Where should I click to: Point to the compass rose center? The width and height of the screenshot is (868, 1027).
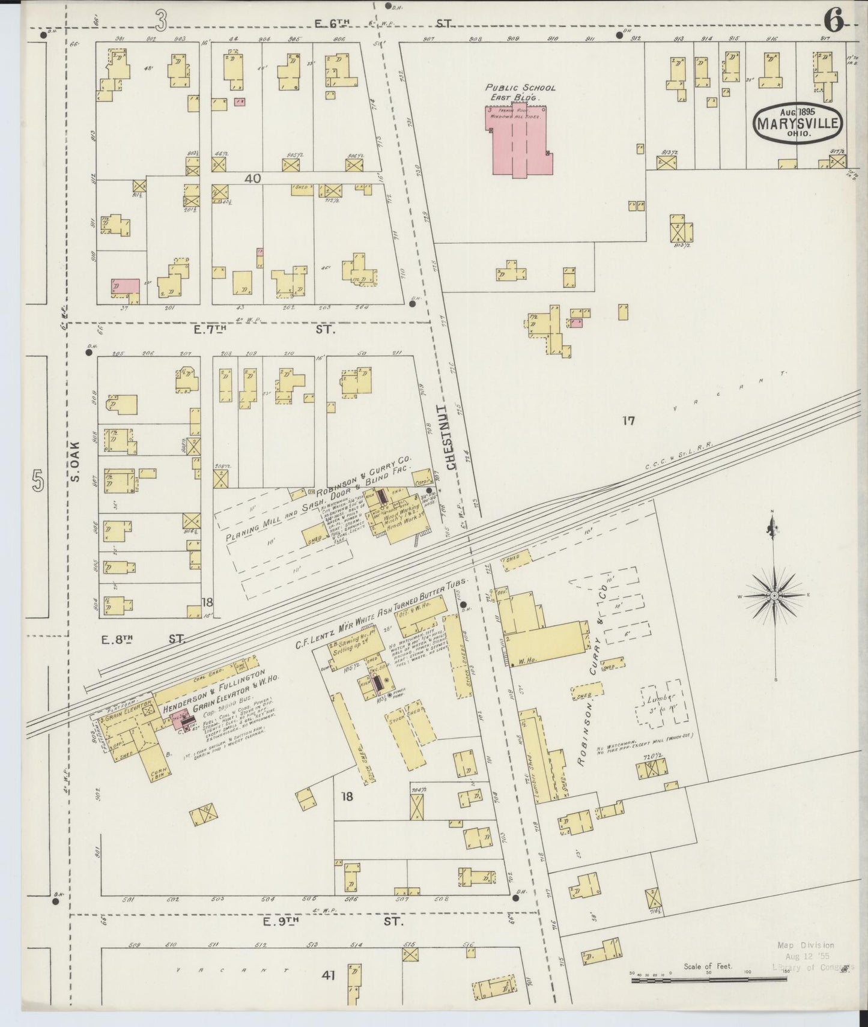[x=774, y=596]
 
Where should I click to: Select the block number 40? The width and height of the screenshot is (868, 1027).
[x=253, y=178]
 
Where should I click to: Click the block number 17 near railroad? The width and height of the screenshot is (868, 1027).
[x=628, y=420]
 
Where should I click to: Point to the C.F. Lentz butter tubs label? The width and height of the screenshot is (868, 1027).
[x=378, y=619]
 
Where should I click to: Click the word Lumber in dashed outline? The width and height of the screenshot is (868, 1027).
[x=661, y=698]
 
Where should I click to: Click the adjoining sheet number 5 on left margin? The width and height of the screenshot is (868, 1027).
[x=37, y=482]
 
